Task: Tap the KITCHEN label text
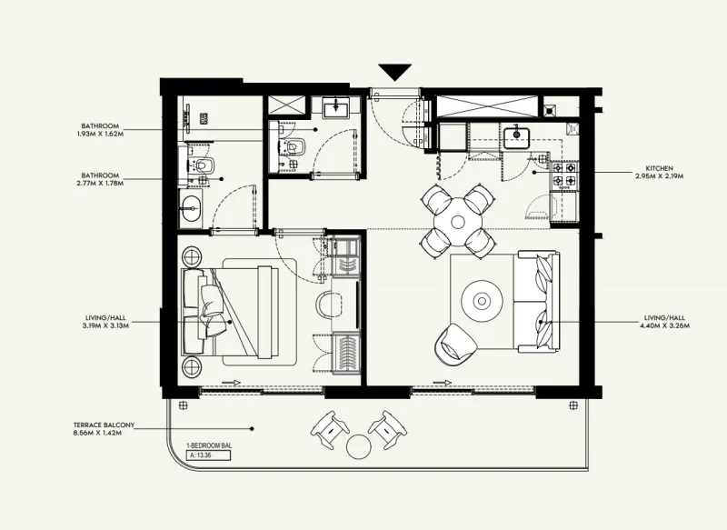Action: (659, 169)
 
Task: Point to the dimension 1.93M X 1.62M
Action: (100, 134)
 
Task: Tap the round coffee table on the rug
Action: (479, 299)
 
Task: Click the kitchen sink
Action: (517, 137)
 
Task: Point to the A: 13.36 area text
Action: (200, 456)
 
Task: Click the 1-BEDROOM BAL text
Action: (206, 445)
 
